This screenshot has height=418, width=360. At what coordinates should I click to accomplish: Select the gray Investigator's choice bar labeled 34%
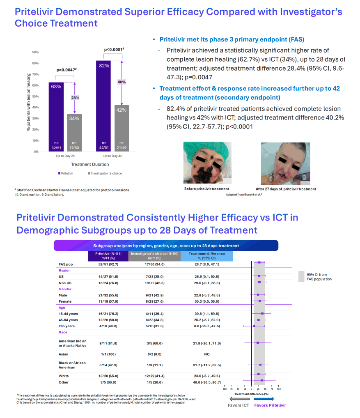pos(74,133)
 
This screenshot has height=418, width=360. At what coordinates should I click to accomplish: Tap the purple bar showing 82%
pos(103,106)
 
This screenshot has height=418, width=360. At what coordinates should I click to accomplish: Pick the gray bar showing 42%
pos(122,128)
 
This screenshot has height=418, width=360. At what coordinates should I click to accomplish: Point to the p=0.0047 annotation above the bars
pos(66,70)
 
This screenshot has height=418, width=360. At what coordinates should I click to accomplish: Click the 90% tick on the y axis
pos(35,52)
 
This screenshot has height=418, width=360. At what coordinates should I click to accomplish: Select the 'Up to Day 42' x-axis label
pos(112,156)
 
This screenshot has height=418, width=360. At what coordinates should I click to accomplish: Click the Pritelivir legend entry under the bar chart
pos(66,173)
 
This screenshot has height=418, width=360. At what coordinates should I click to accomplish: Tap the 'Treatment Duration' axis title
pos(90,165)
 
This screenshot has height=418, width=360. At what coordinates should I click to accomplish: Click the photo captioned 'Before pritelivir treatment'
pos(207,163)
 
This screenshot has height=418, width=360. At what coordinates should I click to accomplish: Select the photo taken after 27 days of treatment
pos(286,164)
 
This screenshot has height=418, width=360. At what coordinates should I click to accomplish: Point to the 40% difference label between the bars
pos(122,82)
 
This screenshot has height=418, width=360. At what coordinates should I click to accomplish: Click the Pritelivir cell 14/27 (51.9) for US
pos(108,277)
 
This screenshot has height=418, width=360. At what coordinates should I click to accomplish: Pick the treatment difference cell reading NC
pos(207,354)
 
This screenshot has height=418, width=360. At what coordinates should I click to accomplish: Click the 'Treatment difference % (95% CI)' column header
pos(207,256)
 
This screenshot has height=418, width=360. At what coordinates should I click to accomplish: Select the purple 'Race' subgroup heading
pos(63,332)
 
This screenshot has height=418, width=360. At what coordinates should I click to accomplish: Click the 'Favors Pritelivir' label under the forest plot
pos(270,405)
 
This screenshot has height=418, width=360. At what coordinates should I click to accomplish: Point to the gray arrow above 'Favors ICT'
pos(239,399)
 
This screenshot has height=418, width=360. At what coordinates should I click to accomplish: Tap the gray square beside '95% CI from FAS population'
pos(301,276)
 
